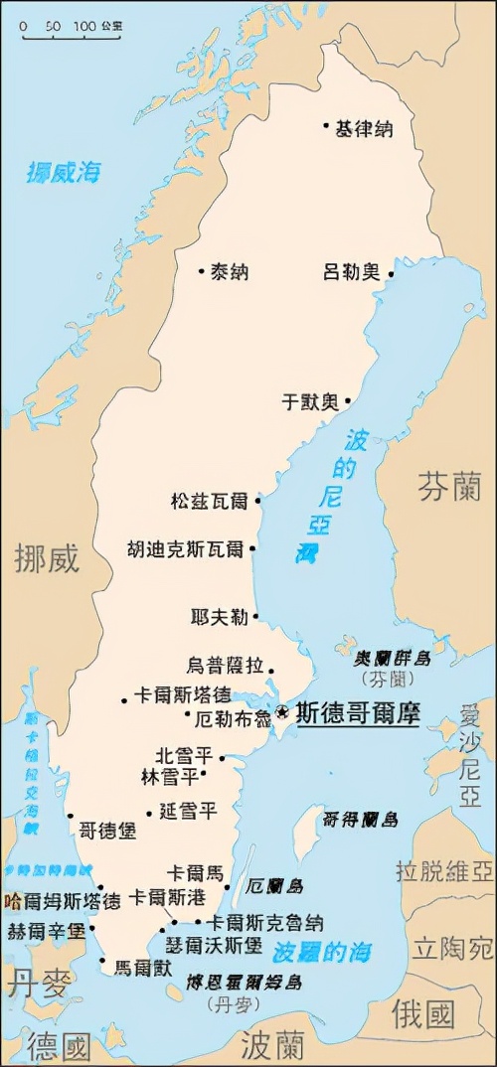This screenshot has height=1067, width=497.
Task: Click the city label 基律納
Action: (364, 128)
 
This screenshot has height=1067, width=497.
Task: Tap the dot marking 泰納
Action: (201, 270)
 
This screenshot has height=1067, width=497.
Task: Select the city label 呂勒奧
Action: (352, 271)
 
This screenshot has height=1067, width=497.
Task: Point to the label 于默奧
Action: (309, 402)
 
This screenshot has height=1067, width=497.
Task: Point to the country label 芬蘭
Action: (448, 486)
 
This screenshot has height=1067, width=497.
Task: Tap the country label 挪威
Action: (46, 559)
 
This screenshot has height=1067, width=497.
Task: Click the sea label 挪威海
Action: (64, 171)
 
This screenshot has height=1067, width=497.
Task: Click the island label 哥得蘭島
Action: (360, 820)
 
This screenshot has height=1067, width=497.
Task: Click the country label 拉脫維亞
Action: (443, 871)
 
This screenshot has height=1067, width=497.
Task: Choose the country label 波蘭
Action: (271, 1044)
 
